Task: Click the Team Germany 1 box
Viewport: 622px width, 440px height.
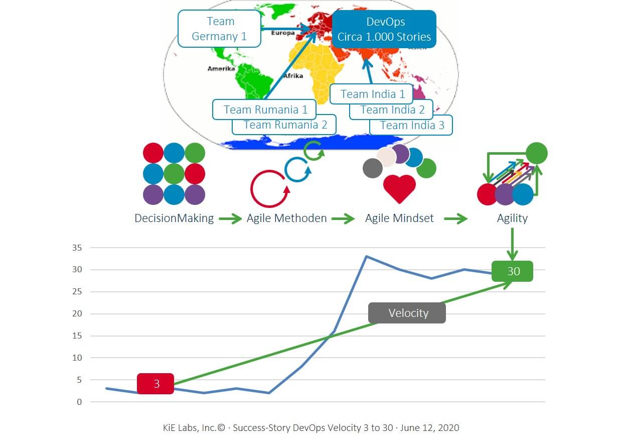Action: tap(219, 29)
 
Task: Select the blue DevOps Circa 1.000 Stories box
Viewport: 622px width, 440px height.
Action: tap(384, 29)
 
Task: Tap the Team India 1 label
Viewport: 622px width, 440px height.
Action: tap(372, 94)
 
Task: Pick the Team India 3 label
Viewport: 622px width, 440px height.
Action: tap(412, 125)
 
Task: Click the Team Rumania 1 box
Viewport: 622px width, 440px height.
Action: tap(265, 109)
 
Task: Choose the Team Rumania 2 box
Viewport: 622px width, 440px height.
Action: tap(285, 125)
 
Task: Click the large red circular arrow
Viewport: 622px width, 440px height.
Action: tap(269, 189)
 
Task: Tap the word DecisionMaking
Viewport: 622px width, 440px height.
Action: tap(174, 218)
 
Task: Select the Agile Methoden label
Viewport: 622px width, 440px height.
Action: tap(286, 218)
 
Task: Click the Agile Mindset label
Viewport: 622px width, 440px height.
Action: tap(399, 218)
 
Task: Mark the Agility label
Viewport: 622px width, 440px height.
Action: tap(512, 218)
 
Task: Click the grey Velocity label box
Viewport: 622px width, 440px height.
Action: tap(407, 313)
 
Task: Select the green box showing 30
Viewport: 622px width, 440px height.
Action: tap(513, 271)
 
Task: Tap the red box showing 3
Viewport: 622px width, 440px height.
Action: tap(156, 384)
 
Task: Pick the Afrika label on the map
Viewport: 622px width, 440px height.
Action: tap(293, 76)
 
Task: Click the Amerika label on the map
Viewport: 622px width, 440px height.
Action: tap(221, 68)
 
